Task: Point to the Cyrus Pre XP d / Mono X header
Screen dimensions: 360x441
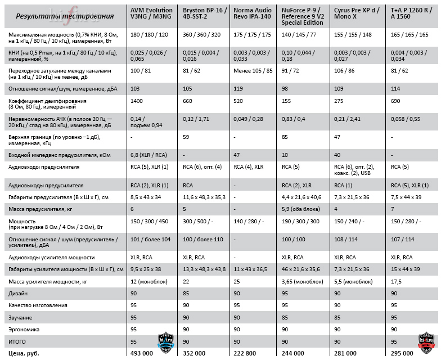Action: point(357,13)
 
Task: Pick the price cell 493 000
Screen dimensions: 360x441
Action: point(143,353)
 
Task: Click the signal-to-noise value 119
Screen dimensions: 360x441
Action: point(239,89)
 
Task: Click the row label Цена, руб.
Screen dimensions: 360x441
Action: point(24,353)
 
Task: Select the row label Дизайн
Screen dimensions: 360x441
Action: point(19,294)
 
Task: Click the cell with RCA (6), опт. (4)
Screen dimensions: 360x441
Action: point(202,167)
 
